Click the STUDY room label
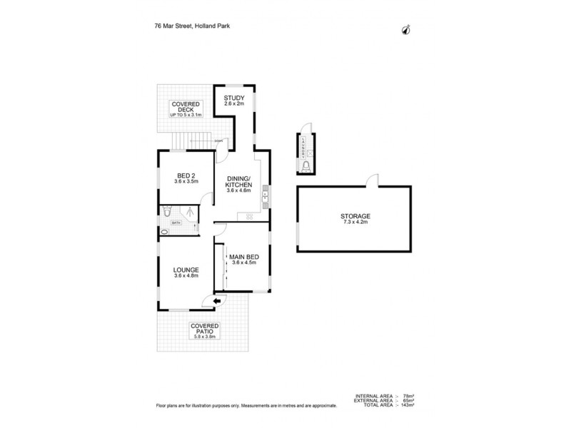(x=234, y=98)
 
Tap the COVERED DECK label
(x=186, y=108)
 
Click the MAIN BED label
(x=244, y=256)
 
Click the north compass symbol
(x=408, y=29)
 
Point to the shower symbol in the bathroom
(x=189, y=211)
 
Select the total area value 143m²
(x=407, y=405)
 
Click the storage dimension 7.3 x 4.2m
(x=355, y=223)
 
